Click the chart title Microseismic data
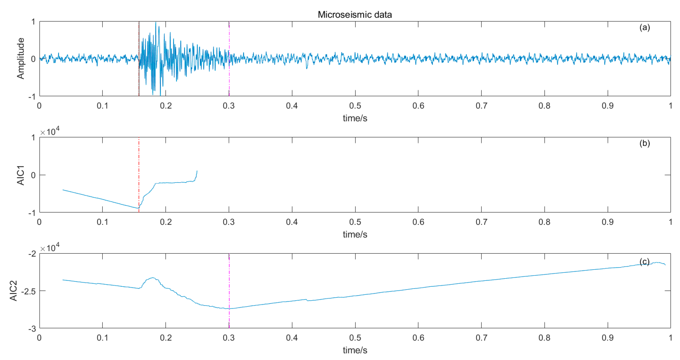click(x=354, y=15)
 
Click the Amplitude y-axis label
click(x=21, y=58)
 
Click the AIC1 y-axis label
click(x=21, y=175)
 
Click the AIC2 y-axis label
click(x=13, y=290)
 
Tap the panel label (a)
click(x=644, y=28)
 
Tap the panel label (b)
click(x=644, y=143)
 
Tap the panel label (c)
click(x=644, y=262)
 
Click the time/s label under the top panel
click(x=355, y=118)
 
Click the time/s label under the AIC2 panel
click(x=355, y=350)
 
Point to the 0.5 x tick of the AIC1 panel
click(x=355, y=222)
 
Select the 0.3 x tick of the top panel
click(x=229, y=106)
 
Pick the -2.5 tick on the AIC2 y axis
click(x=29, y=291)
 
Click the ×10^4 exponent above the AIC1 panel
click(x=50, y=131)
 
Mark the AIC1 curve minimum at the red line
click(x=138, y=208)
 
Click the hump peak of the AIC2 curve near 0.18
click(x=152, y=278)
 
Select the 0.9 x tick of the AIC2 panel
click(x=607, y=338)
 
